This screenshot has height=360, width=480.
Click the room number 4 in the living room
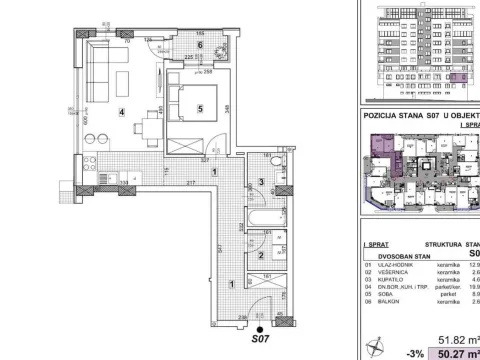[122, 113]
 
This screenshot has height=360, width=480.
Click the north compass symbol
[377, 345]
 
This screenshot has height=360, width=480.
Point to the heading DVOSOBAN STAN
[394, 254]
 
